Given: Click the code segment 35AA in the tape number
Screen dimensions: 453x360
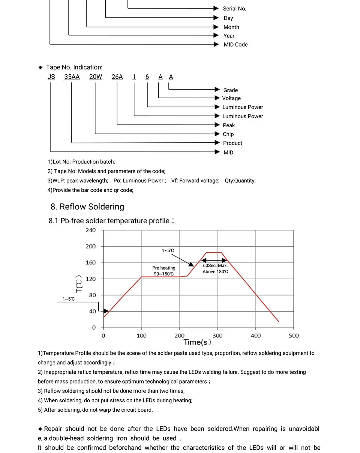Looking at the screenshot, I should pos(72,77).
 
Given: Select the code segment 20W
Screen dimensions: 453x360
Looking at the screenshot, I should pos(96,77).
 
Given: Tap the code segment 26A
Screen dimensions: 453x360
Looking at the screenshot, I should pos(117,77).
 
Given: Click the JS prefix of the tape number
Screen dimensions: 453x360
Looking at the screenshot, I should pos(51,77).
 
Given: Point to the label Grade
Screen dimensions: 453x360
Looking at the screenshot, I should pos(231,90).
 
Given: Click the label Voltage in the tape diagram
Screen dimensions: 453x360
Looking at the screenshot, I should pos(231,98).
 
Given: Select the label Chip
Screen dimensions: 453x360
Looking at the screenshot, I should pos(228,134).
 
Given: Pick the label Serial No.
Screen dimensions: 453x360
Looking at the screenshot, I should pos(234,9).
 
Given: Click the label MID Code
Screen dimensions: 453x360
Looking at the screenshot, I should pos(235,44).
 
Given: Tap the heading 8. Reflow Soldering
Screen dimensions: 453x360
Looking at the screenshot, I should pos(87,207).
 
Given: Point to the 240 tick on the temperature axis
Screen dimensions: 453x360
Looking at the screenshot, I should pos(91,230).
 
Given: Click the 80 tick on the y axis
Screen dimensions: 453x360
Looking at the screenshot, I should pos(92,295).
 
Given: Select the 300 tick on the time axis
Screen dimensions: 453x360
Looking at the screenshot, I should pos(217,336).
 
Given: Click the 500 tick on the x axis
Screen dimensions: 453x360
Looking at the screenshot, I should pos(294,336).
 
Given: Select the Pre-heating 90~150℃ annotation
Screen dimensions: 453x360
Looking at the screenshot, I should pos(163,271).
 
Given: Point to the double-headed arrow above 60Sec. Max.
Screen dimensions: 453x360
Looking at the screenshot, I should pos(214,260).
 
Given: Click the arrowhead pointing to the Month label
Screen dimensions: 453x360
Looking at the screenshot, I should pos(216,27).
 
